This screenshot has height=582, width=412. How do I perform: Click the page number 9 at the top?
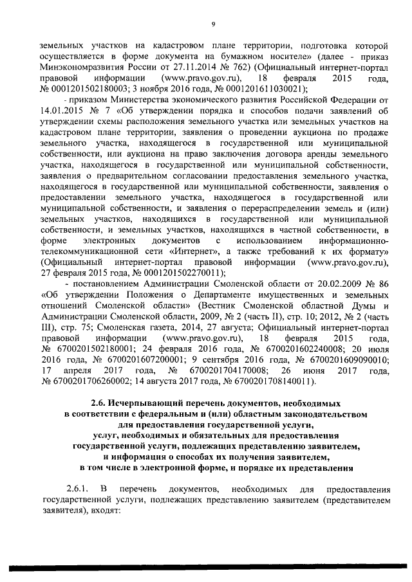pyautogui.click(x=212, y=24)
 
